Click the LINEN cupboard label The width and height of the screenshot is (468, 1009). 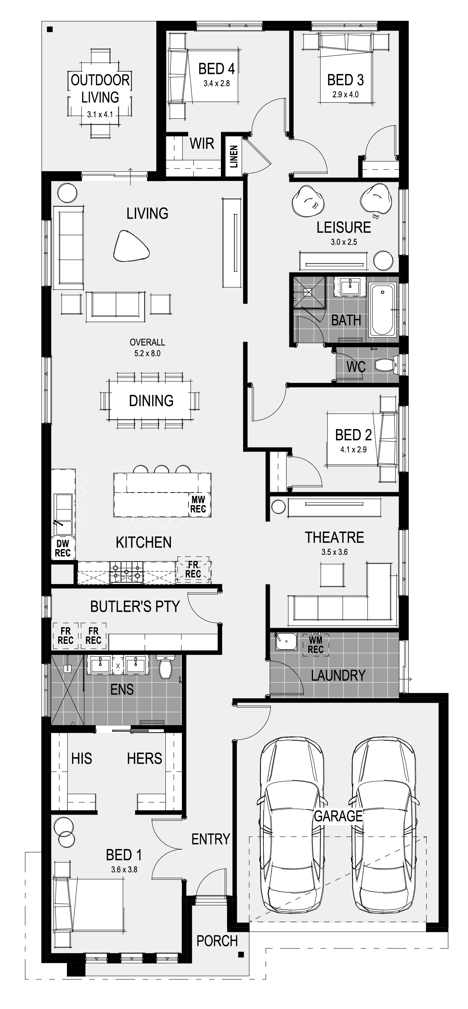234,157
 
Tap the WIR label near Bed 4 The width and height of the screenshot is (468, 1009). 202,144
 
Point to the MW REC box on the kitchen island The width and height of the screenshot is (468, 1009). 198,504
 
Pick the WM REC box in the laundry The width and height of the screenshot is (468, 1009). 316,645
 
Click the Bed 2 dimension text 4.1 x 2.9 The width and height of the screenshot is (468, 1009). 353,450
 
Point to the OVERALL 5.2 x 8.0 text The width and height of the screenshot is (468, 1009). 147,348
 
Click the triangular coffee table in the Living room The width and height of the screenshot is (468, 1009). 131,246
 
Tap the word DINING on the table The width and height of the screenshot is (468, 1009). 151,401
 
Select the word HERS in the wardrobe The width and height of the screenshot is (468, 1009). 144,759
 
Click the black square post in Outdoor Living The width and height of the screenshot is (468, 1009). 49,29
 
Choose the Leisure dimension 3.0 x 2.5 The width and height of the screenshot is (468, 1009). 344,242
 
